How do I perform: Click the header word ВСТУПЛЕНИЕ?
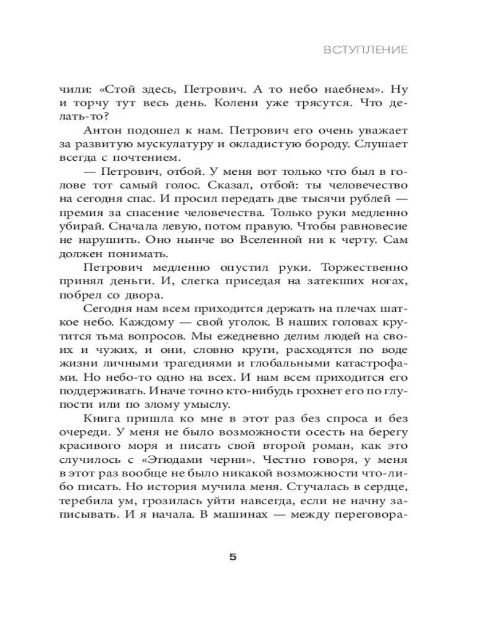[x=366, y=50]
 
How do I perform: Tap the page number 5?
[x=233, y=557]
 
